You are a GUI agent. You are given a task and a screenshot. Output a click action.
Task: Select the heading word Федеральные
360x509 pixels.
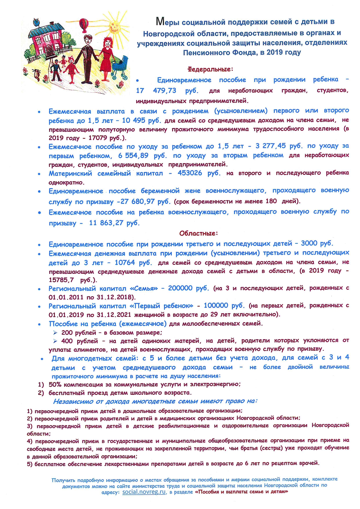tap(210, 69)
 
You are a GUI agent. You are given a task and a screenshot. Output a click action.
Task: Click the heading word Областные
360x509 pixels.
tap(198, 233)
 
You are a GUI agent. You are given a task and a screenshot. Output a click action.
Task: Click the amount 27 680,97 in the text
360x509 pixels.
tap(136, 202)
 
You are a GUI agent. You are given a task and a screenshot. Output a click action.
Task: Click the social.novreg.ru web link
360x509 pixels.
tap(144, 492)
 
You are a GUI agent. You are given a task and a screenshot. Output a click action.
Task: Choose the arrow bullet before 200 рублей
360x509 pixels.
tap(55, 333)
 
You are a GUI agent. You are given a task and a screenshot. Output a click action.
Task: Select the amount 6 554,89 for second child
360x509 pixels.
tap(133, 156)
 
